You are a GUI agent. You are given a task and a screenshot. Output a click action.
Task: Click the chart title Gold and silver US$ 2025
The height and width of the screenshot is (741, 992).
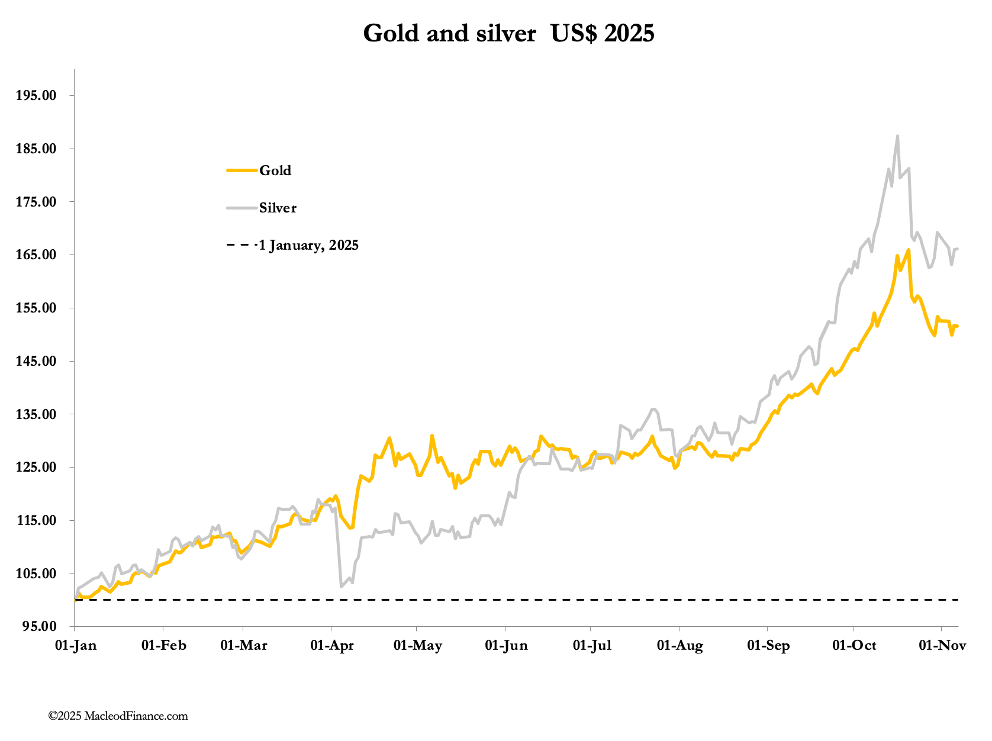pos(508,34)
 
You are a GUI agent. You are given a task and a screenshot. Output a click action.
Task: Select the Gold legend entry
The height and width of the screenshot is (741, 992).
pos(275,171)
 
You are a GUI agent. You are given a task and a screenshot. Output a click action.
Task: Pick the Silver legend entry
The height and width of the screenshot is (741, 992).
pos(278,208)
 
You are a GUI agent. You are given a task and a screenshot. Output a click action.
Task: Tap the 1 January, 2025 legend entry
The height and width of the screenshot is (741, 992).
pos(308,246)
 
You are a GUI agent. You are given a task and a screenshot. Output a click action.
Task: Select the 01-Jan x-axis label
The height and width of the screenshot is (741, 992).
pos(76,646)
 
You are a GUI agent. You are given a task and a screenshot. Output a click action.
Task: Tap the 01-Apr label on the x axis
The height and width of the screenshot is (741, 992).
pos(332,646)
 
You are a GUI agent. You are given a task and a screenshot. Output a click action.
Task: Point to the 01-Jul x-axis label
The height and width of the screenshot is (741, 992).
pos(592,646)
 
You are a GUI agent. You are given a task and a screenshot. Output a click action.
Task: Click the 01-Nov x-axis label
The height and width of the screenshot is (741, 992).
pos(942,646)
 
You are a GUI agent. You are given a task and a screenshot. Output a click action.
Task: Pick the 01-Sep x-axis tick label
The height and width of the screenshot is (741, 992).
pos(768,646)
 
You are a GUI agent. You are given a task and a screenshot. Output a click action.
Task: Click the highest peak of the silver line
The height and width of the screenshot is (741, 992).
pos(897,136)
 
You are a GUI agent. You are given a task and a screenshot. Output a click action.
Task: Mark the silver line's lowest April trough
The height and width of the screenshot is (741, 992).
pos(341,587)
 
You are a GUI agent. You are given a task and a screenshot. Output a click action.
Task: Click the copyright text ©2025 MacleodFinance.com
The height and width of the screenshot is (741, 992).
pos(118,716)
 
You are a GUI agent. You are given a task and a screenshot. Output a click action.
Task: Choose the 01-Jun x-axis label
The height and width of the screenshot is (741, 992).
pos(506,646)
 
